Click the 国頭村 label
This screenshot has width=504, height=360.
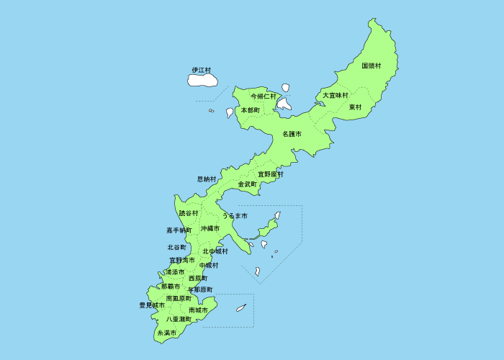tap(372, 66)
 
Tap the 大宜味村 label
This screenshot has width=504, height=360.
tap(335, 95)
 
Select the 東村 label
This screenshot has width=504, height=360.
tap(355, 107)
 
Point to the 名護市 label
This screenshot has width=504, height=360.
tap(292, 134)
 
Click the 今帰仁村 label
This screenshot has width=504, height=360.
tap(264, 96)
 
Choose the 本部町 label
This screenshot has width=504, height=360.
tap(250, 110)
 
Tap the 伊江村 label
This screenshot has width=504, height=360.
tap(202, 70)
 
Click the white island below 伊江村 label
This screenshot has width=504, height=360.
tap(203, 79)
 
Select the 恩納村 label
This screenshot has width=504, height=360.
tap(207, 179)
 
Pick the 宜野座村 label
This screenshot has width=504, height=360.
tap(271, 174)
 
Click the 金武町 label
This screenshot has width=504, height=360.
tap(248, 184)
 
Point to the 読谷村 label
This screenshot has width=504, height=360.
tap(189, 213)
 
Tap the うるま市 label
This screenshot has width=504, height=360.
tap(235, 215)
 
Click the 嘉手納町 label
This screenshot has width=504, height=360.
tap(179, 230)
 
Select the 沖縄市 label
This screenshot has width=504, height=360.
tap(210, 228)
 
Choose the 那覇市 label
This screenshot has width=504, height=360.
tap(171, 287)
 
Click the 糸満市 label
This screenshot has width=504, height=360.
tap(166, 333)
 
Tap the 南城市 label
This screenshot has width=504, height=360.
tap(198, 310)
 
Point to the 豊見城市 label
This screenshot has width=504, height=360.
tap(152, 305)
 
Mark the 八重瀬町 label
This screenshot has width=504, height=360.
tap(178, 318)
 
